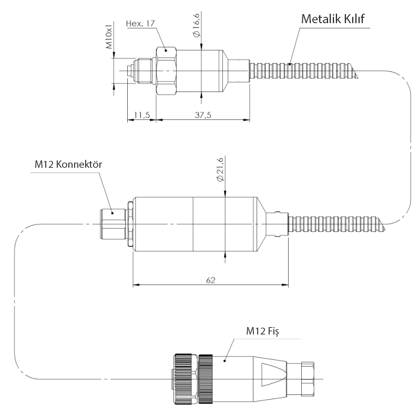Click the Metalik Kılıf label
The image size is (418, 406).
coord(333,19)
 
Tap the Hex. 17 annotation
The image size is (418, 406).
coord(140,24)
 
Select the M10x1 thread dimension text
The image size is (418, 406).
coord(109,35)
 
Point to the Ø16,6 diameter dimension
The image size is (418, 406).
coord(196,25)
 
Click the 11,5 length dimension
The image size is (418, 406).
coord(142,115)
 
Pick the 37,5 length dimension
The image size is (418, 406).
coord(203,115)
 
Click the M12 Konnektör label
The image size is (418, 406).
coord(68,164)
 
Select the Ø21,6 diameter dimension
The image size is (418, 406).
coord(220,169)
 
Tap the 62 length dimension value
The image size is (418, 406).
coord(210,280)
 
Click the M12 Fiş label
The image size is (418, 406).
coord(262,331)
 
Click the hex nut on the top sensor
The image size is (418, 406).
coord(166,70)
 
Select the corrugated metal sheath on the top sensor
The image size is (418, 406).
coord(303,70)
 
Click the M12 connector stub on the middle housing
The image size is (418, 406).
coord(113,224)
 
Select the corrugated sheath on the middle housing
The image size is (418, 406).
coord(337,224)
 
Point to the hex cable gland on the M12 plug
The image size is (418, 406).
coord(308,379)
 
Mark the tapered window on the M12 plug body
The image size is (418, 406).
coord(273,375)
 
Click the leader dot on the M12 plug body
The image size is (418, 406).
coord(225,361)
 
